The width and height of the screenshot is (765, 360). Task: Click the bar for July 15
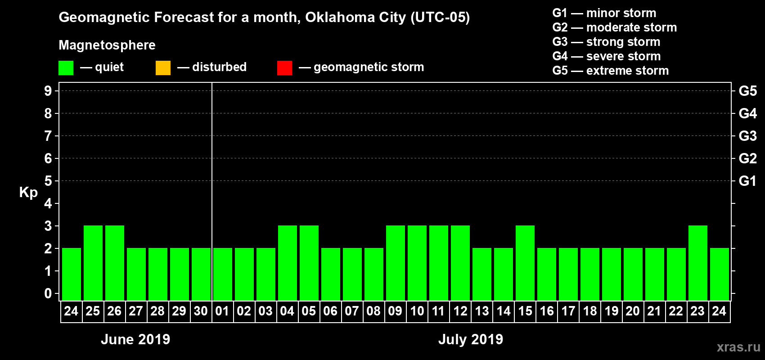[x=525, y=263]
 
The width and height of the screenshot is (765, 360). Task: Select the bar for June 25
[x=93, y=263]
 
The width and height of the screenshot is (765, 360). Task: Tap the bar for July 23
[x=698, y=263]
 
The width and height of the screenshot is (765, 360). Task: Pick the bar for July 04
[x=288, y=263]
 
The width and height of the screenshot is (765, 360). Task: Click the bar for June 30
[x=201, y=274]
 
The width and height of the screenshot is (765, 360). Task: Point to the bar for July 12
[x=460, y=263]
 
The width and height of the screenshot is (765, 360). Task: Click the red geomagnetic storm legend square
[x=284, y=68]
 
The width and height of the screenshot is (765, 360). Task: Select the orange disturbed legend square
[x=163, y=68]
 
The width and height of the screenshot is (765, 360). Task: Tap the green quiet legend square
[x=66, y=68]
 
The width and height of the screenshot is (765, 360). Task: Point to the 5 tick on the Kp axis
[x=48, y=181]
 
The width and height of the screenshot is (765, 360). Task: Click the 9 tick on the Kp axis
[x=48, y=91]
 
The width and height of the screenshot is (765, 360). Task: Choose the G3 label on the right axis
[x=747, y=136]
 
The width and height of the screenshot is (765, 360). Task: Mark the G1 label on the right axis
[x=747, y=181]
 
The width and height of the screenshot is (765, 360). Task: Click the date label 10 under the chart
[x=417, y=311]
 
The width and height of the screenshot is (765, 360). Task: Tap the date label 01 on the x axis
[x=222, y=311]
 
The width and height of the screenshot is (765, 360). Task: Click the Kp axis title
[x=28, y=193]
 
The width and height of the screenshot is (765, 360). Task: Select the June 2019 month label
[x=135, y=339]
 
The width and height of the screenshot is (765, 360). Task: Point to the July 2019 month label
[x=471, y=339]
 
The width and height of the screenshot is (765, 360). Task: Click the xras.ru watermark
[x=738, y=347]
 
